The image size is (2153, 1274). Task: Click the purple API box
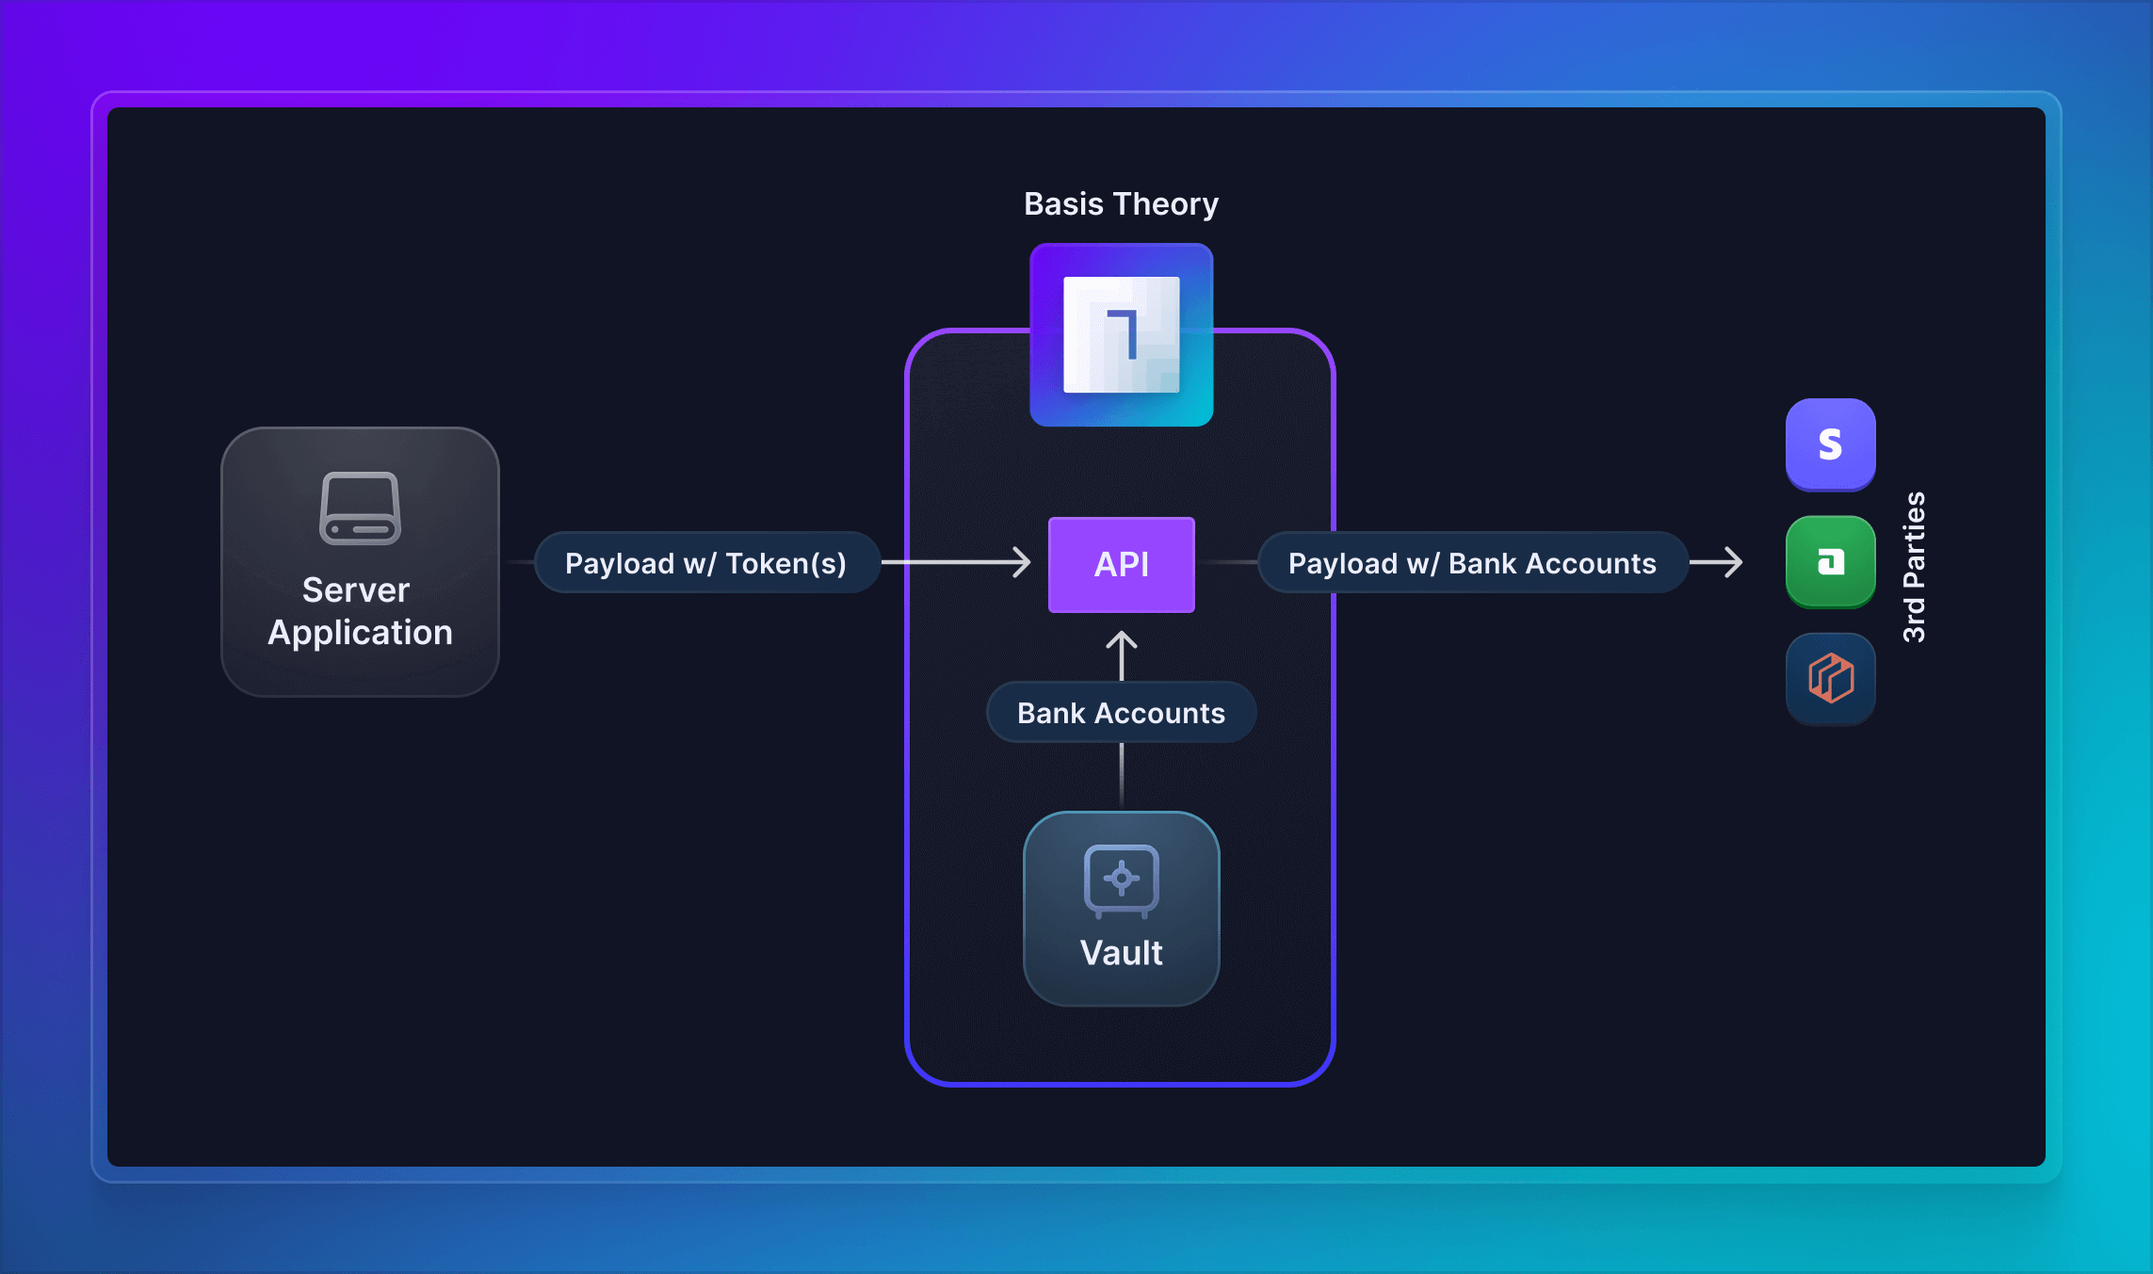click(1121, 564)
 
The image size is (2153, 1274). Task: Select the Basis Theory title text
click(1121, 204)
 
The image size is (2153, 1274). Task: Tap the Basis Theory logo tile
click(1121, 334)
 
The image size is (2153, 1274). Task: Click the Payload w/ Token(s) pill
click(706, 563)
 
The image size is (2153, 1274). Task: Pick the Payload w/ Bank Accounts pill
click(1472, 563)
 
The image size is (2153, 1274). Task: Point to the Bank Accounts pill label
click(1121, 713)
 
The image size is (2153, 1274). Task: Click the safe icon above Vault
click(1121, 879)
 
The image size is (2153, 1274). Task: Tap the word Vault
click(1121, 953)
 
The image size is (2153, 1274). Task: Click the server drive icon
click(360, 508)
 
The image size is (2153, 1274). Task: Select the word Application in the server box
click(360, 633)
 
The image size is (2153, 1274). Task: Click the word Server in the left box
click(356, 590)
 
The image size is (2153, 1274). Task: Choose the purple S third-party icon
click(1830, 443)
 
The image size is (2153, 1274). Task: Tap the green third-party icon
click(1830, 562)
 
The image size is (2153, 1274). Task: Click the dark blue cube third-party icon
click(1830, 678)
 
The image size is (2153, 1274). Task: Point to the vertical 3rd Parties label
click(1914, 567)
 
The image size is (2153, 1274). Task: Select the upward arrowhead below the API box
click(1121, 642)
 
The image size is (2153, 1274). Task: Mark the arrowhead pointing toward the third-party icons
click(1733, 562)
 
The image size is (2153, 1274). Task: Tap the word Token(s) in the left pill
click(785, 563)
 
